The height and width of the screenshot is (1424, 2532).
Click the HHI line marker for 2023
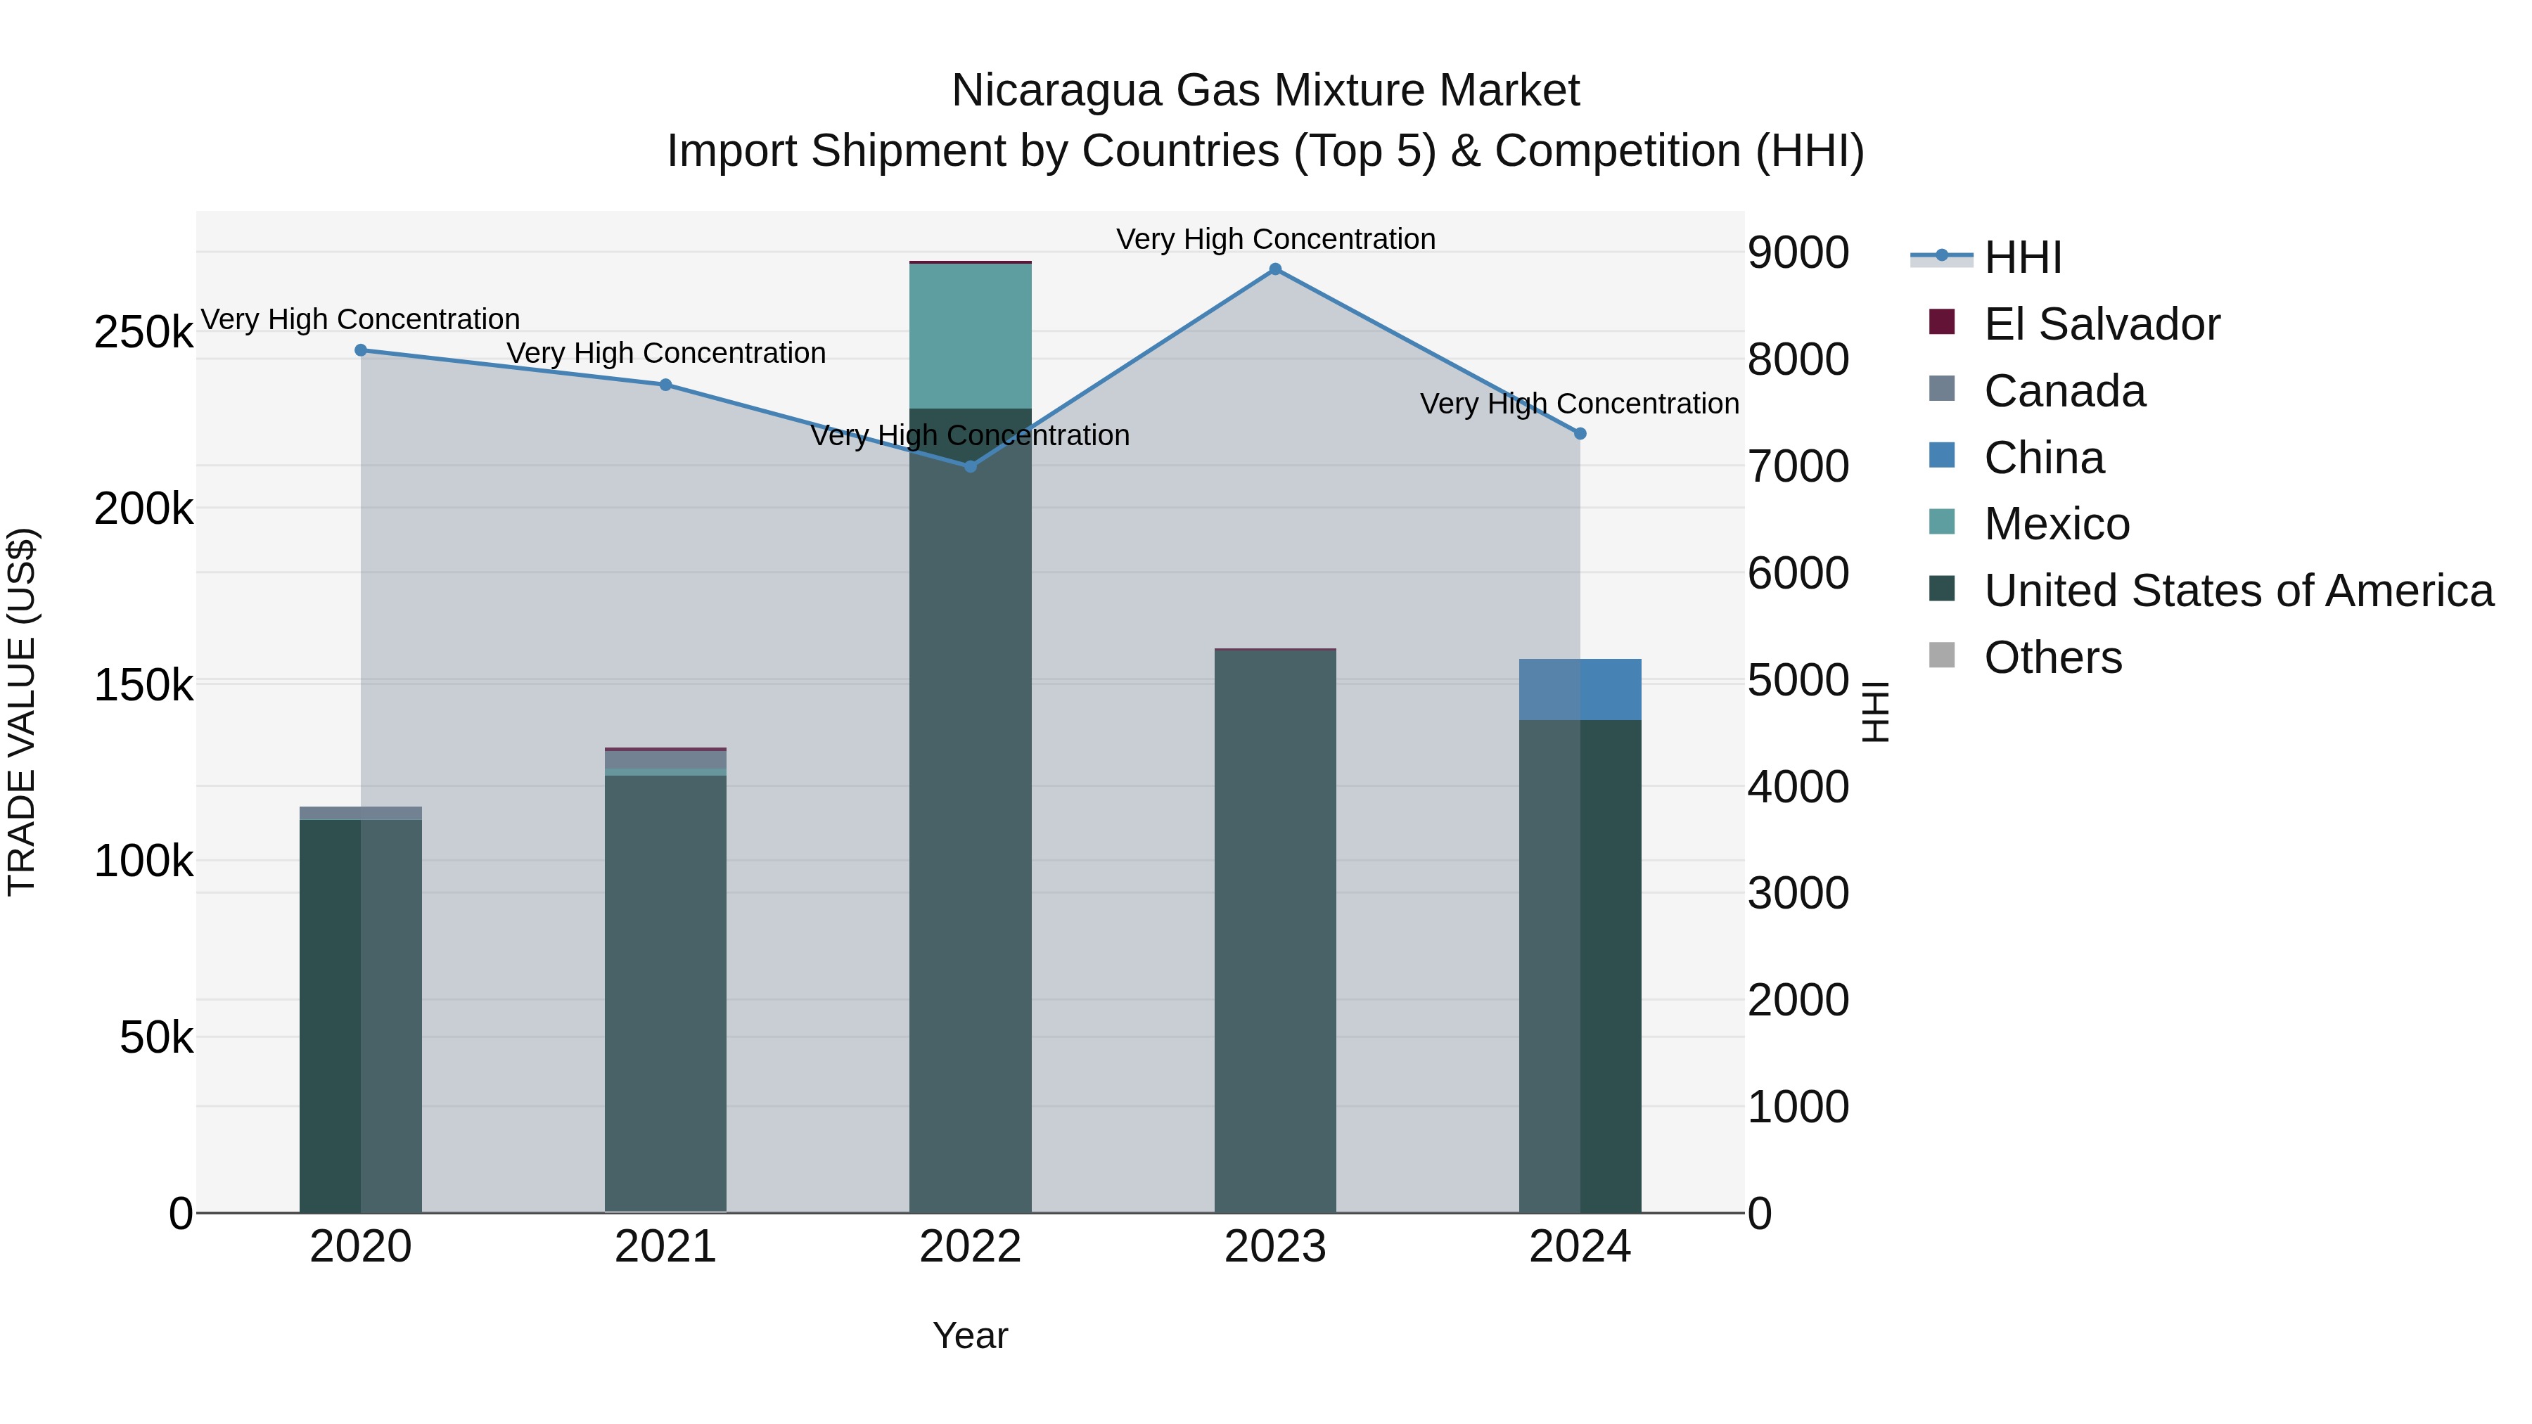(1275, 269)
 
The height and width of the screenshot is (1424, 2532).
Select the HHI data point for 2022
(970, 467)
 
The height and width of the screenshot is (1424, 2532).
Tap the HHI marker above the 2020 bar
(361, 350)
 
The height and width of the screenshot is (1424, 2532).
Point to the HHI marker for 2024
(1580, 433)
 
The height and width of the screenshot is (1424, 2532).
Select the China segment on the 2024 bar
(1580, 689)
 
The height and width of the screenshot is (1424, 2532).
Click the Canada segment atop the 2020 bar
(361, 813)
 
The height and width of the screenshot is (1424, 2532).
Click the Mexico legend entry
(2057, 524)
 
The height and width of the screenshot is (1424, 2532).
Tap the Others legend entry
(2052, 658)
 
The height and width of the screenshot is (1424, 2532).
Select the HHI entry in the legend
(2022, 257)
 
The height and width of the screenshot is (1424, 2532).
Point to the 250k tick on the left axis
(143, 332)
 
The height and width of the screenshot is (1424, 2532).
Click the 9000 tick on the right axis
(1798, 252)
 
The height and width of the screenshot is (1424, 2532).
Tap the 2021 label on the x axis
(665, 1247)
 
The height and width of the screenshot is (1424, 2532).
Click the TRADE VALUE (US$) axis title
(23, 712)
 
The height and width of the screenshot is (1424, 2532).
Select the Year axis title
(970, 1335)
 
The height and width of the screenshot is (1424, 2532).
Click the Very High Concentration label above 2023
(1275, 239)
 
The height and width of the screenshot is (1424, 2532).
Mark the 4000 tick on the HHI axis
(1798, 786)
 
